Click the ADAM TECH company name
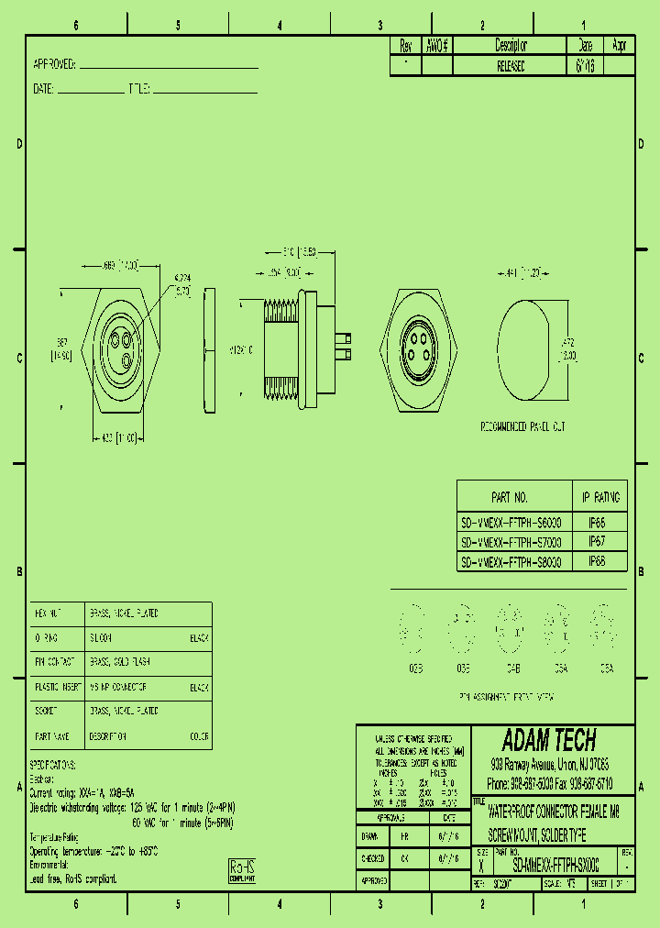550,740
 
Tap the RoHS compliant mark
241,870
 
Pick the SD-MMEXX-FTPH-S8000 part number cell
511,561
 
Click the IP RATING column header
600,498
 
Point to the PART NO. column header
510,498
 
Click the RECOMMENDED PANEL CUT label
523,427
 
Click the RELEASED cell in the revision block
511,67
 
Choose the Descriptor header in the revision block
511,45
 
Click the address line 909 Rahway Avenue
550,764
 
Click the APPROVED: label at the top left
54,65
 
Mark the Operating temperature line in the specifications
94,851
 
